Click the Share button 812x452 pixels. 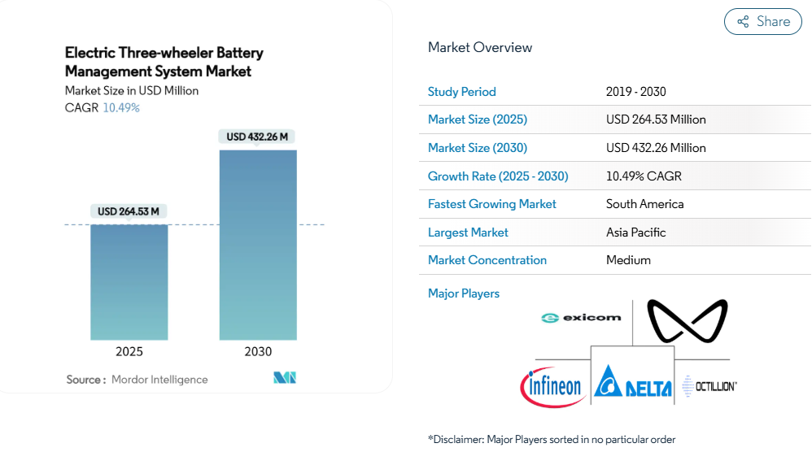pos(762,22)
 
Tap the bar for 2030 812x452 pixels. pos(258,244)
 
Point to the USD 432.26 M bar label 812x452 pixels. pos(257,137)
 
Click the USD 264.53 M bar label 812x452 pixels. pos(129,211)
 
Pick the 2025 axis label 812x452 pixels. pos(129,352)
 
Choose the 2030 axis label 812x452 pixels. pos(258,352)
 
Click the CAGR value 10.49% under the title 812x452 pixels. pos(121,107)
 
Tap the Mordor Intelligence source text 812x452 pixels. pos(159,380)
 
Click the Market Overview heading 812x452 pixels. pos(480,47)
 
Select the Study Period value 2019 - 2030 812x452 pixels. pos(635,92)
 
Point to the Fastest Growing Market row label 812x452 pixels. pos(491,204)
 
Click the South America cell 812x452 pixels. pos(644,204)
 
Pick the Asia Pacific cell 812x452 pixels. pos(635,233)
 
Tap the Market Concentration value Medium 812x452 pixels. pos(628,260)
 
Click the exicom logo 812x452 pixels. pos(581,318)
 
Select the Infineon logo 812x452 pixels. pos(553,385)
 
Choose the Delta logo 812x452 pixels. pos(633,382)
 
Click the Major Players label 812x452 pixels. pos(464,293)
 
